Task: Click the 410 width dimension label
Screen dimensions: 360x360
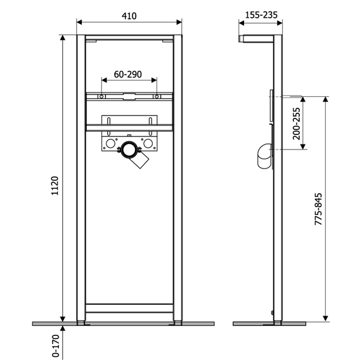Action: [x=129, y=16]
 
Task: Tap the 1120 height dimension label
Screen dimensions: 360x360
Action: [x=55, y=186]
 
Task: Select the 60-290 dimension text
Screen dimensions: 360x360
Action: [x=128, y=74]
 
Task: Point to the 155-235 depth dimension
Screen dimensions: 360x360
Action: [x=261, y=15]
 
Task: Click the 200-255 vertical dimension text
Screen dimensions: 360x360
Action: [x=297, y=124]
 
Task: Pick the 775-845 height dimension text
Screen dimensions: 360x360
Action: [x=318, y=209]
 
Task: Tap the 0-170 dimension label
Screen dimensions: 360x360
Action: [x=56, y=346]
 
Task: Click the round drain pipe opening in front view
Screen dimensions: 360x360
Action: [x=129, y=150]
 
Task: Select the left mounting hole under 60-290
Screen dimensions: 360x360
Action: [x=101, y=96]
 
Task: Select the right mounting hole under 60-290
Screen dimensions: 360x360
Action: [x=157, y=96]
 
